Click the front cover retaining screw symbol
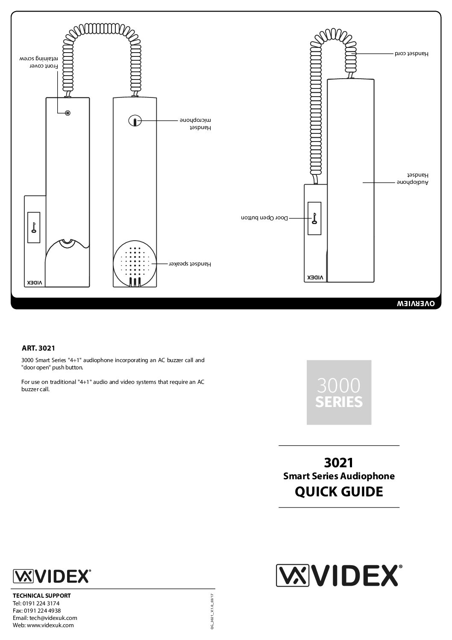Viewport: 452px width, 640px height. (x=68, y=113)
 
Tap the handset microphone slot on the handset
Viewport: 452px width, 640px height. (x=134, y=121)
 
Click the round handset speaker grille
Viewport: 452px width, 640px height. (x=135, y=265)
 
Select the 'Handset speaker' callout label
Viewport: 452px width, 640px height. (x=191, y=264)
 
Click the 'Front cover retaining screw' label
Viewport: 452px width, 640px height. (x=38, y=62)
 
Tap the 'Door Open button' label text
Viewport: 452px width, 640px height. (x=265, y=218)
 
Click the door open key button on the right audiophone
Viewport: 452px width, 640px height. (x=314, y=218)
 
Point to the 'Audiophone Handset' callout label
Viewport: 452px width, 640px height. (x=412, y=179)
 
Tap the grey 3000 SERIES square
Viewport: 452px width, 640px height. (x=339, y=392)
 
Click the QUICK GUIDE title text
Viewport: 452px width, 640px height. (x=339, y=492)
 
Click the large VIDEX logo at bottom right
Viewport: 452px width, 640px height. (x=339, y=575)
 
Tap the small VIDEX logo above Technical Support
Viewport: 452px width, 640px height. (x=52, y=576)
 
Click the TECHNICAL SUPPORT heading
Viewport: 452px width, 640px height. (x=42, y=596)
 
